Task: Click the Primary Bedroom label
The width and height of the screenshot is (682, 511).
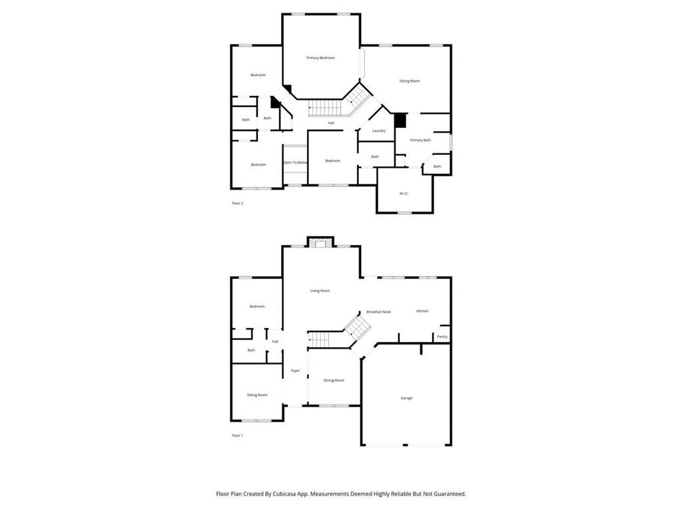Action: pos(320,58)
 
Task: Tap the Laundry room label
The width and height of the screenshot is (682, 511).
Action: pos(379,130)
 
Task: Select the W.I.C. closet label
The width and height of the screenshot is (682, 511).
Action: pos(404,193)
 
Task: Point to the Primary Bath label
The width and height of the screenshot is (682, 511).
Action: pos(420,140)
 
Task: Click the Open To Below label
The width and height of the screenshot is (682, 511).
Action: pos(295,162)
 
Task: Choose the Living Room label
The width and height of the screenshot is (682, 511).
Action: pos(320,291)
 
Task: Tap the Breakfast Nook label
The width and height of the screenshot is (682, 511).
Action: pos(378,311)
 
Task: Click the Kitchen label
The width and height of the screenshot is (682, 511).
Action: pos(422,311)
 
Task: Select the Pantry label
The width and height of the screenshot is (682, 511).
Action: pos(442,337)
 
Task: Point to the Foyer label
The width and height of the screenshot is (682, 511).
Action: pos(295,371)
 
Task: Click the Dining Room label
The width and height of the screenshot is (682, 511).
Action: pos(334,380)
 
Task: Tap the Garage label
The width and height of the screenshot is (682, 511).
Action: pos(406,398)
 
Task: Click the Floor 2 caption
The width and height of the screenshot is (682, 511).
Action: pos(237,203)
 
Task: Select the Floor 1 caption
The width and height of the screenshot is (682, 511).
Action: pos(237,435)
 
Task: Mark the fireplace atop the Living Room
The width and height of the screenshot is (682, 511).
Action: pos(321,243)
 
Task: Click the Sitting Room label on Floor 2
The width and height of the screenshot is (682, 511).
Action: pos(409,81)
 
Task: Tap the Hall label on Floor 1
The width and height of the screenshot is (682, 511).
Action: pos(275,341)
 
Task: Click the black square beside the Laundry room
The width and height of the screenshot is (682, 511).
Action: pos(400,120)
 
